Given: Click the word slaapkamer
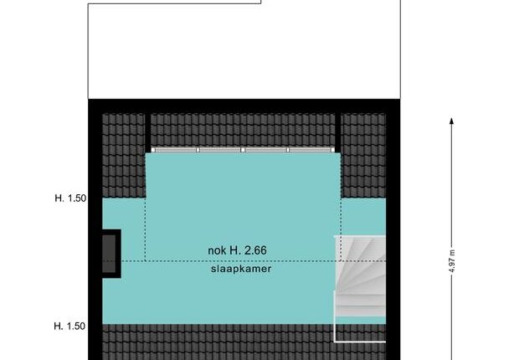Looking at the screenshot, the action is point(241,269).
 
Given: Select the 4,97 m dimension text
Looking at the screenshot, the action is point(453,262).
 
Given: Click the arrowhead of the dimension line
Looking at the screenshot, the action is point(451,121).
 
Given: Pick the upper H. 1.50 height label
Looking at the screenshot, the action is point(70,198).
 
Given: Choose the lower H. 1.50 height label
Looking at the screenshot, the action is point(69,326).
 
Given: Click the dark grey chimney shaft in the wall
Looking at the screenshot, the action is point(109,254).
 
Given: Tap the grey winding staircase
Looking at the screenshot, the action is point(360,276).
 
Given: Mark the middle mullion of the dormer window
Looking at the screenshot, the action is point(243,150).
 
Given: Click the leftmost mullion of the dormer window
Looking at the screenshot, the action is point(198,150).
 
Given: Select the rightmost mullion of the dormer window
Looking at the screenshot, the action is point(288,150).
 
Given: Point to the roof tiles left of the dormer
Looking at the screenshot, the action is point(124,155).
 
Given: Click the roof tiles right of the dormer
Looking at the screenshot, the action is point(363,155).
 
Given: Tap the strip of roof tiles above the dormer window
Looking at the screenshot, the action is point(243,130).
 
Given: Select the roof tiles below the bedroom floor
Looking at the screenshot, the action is point(219,342).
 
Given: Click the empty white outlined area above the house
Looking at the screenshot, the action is point(244,52).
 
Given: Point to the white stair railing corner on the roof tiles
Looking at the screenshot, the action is point(336,342).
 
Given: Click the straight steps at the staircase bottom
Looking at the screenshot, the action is point(360,306).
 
